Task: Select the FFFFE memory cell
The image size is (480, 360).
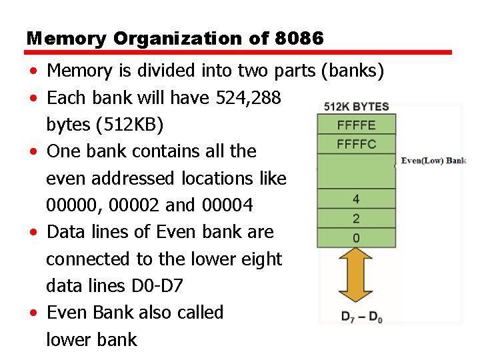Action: point(357,124)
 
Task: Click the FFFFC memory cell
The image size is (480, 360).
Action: point(357,143)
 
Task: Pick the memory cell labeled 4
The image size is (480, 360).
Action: point(356,199)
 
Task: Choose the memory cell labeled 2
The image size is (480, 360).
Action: point(356,218)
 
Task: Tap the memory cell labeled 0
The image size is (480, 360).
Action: point(356,237)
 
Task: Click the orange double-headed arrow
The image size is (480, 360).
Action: point(356,276)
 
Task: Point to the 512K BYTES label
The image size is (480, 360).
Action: point(357,107)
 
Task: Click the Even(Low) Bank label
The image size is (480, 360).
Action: point(433,161)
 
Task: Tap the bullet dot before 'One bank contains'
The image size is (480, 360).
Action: point(33,152)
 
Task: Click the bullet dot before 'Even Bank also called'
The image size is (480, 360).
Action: point(33,313)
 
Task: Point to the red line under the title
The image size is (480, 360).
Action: point(239,52)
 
